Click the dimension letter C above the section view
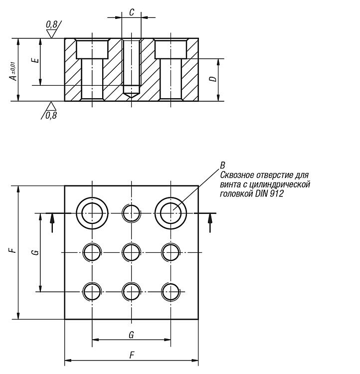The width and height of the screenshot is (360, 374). point(132,12)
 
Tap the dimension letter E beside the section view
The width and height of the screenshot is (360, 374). point(35,59)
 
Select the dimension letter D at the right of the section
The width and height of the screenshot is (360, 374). point(214,79)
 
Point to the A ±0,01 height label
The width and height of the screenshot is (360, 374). point(14,71)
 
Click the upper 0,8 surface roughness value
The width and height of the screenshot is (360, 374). point(51,24)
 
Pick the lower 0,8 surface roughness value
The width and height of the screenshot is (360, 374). point(51,116)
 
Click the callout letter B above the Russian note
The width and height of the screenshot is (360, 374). point(222,165)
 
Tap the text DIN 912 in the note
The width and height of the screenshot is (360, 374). point(269,193)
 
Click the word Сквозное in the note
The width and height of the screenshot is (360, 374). point(237,175)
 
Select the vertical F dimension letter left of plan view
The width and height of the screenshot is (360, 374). point(13,250)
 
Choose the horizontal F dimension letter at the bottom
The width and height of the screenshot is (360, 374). point(132,356)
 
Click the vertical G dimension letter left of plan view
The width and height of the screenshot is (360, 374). point(35,252)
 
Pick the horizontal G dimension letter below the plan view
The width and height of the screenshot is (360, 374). point(131,335)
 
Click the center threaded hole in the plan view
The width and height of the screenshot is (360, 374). point(132,252)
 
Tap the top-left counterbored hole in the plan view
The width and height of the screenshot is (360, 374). point(92,213)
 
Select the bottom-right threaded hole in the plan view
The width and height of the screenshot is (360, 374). point(171,292)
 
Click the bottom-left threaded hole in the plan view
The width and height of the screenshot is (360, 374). point(92,292)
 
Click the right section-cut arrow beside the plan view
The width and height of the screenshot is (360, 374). point(210,223)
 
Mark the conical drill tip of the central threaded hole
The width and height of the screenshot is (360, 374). point(132,95)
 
